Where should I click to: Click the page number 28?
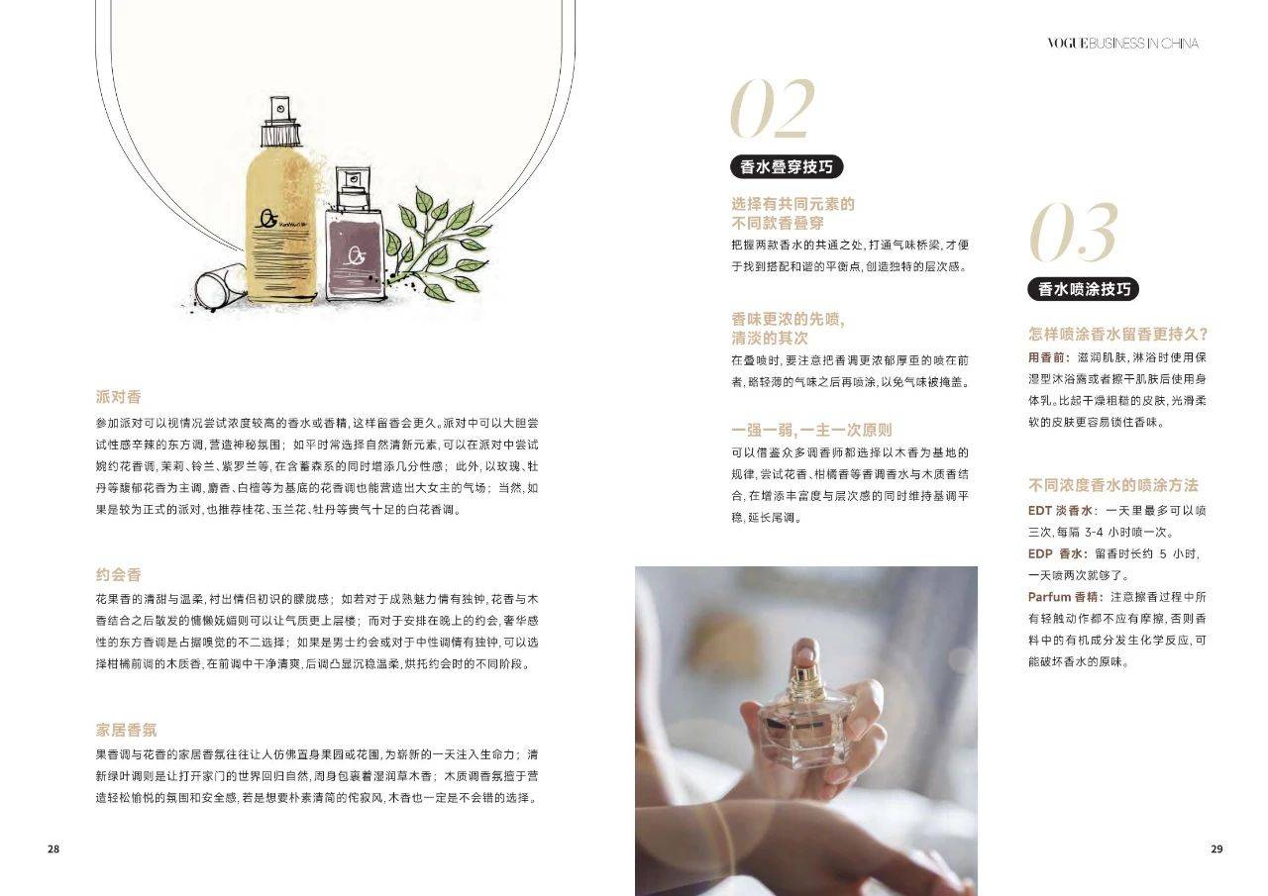click(x=53, y=848)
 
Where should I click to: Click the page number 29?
click(x=1216, y=848)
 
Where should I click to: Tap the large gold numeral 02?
click(x=773, y=108)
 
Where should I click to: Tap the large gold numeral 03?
click(x=1073, y=233)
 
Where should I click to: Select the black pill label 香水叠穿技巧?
click(x=787, y=167)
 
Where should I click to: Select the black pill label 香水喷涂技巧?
click(x=1084, y=289)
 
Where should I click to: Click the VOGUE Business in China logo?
click(x=1122, y=44)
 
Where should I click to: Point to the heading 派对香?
click(x=118, y=397)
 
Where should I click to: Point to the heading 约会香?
click(x=118, y=574)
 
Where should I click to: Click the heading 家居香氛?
click(x=126, y=730)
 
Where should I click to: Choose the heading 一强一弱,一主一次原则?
click(x=811, y=430)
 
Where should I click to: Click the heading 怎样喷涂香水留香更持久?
click(x=1118, y=334)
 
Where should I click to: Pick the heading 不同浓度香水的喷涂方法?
click(x=1112, y=485)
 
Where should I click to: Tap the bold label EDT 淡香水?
click(x=1060, y=510)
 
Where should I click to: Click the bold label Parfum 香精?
click(x=1063, y=597)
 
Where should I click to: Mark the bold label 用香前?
click(x=1048, y=357)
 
